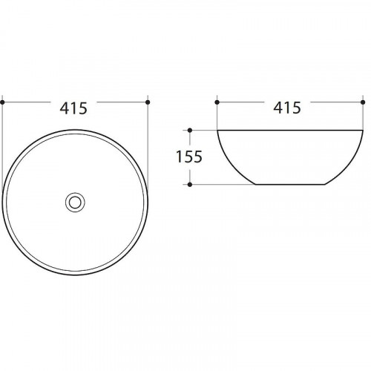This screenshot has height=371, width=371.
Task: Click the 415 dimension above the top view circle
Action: pyautogui.click(x=73, y=108)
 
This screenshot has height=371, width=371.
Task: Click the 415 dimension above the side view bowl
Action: pyautogui.click(x=287, y=108)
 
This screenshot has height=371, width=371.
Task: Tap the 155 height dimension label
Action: pyautogui.click(x=189, y=157)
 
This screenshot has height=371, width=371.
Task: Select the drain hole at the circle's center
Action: pyautogui.click(x=75, y=203)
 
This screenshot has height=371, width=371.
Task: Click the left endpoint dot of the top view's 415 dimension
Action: pyautogui.click(x=2, y=102)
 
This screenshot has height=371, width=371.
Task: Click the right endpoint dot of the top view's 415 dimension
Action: pyautogui.click(x=148, y=102)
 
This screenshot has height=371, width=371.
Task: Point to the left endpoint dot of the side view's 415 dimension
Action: pyautogui.click(x=217, y=102)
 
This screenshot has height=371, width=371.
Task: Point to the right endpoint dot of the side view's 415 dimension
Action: pyautogui.click(x=363, y=102)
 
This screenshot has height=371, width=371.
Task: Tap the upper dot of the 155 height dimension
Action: pyautogui.click(x=190, y=130)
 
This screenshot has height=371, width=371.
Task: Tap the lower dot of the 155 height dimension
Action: pyautogui.click(x=190, y=185)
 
